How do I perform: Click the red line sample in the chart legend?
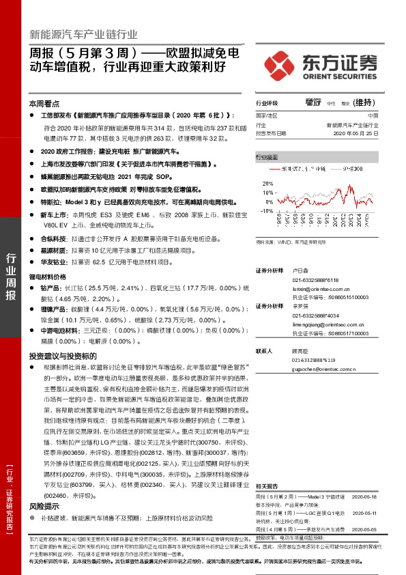tap(275, 167)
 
